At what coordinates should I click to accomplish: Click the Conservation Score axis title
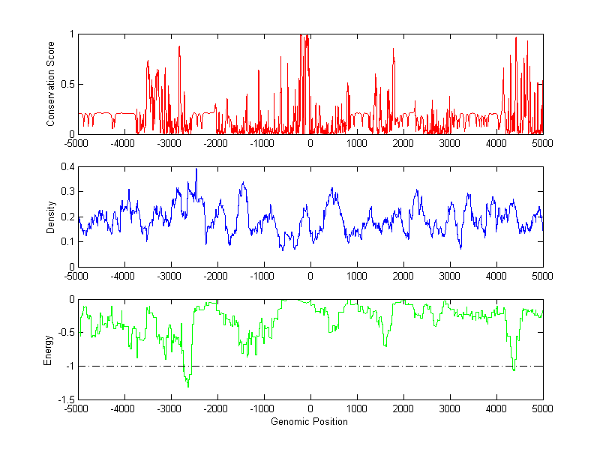[51, 83]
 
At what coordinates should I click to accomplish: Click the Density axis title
[51, 217]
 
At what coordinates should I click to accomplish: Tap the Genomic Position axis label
[310, 421]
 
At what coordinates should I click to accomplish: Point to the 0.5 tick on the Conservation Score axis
[67, 84]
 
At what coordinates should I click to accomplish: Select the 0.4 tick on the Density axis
[67, 167]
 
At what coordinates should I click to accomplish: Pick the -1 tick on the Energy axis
[69, 367]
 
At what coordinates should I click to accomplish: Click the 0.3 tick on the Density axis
[67, 192]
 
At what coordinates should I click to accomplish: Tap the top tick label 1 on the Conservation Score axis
[71, 34]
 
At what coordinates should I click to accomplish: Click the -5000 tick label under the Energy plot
[77, 410]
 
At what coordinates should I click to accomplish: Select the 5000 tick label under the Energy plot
[542, 410]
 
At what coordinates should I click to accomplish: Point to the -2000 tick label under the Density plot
[217, 277]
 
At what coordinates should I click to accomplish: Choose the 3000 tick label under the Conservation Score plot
[449, 143]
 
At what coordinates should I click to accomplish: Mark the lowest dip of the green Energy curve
[187, 387]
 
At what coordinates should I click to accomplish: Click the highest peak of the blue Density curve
[196, 169]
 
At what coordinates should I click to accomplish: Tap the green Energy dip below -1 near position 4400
[514, 370]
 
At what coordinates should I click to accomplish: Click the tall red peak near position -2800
[179, 47]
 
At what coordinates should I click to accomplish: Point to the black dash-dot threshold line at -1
[375, 367]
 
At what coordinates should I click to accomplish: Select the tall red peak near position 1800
[393, 49]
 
